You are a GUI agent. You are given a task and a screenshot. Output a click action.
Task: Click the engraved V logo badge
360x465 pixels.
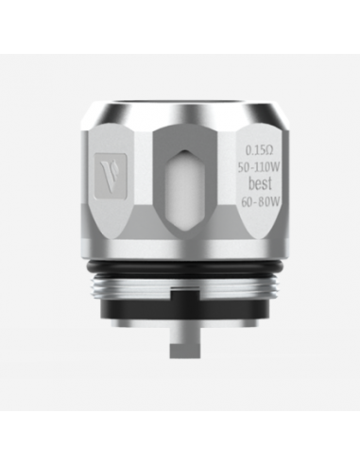pyautogui.click(x=111, y=177)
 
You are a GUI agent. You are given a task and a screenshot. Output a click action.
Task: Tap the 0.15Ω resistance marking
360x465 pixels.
pyautogui.click(x=259, y=151)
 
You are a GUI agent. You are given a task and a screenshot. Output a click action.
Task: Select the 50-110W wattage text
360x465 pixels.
pyautogui.click(x=259, y=167)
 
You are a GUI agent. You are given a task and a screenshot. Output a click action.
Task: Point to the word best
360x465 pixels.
pyautogui.click(x=260, y=184)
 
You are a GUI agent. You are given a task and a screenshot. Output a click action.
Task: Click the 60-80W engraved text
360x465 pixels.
pyautogui.click(x=260, y=201)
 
